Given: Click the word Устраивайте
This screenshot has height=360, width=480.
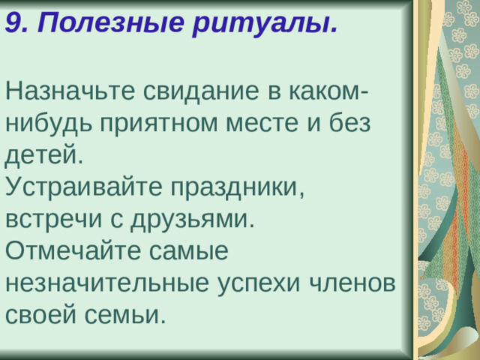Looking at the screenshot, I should point(83,187).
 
